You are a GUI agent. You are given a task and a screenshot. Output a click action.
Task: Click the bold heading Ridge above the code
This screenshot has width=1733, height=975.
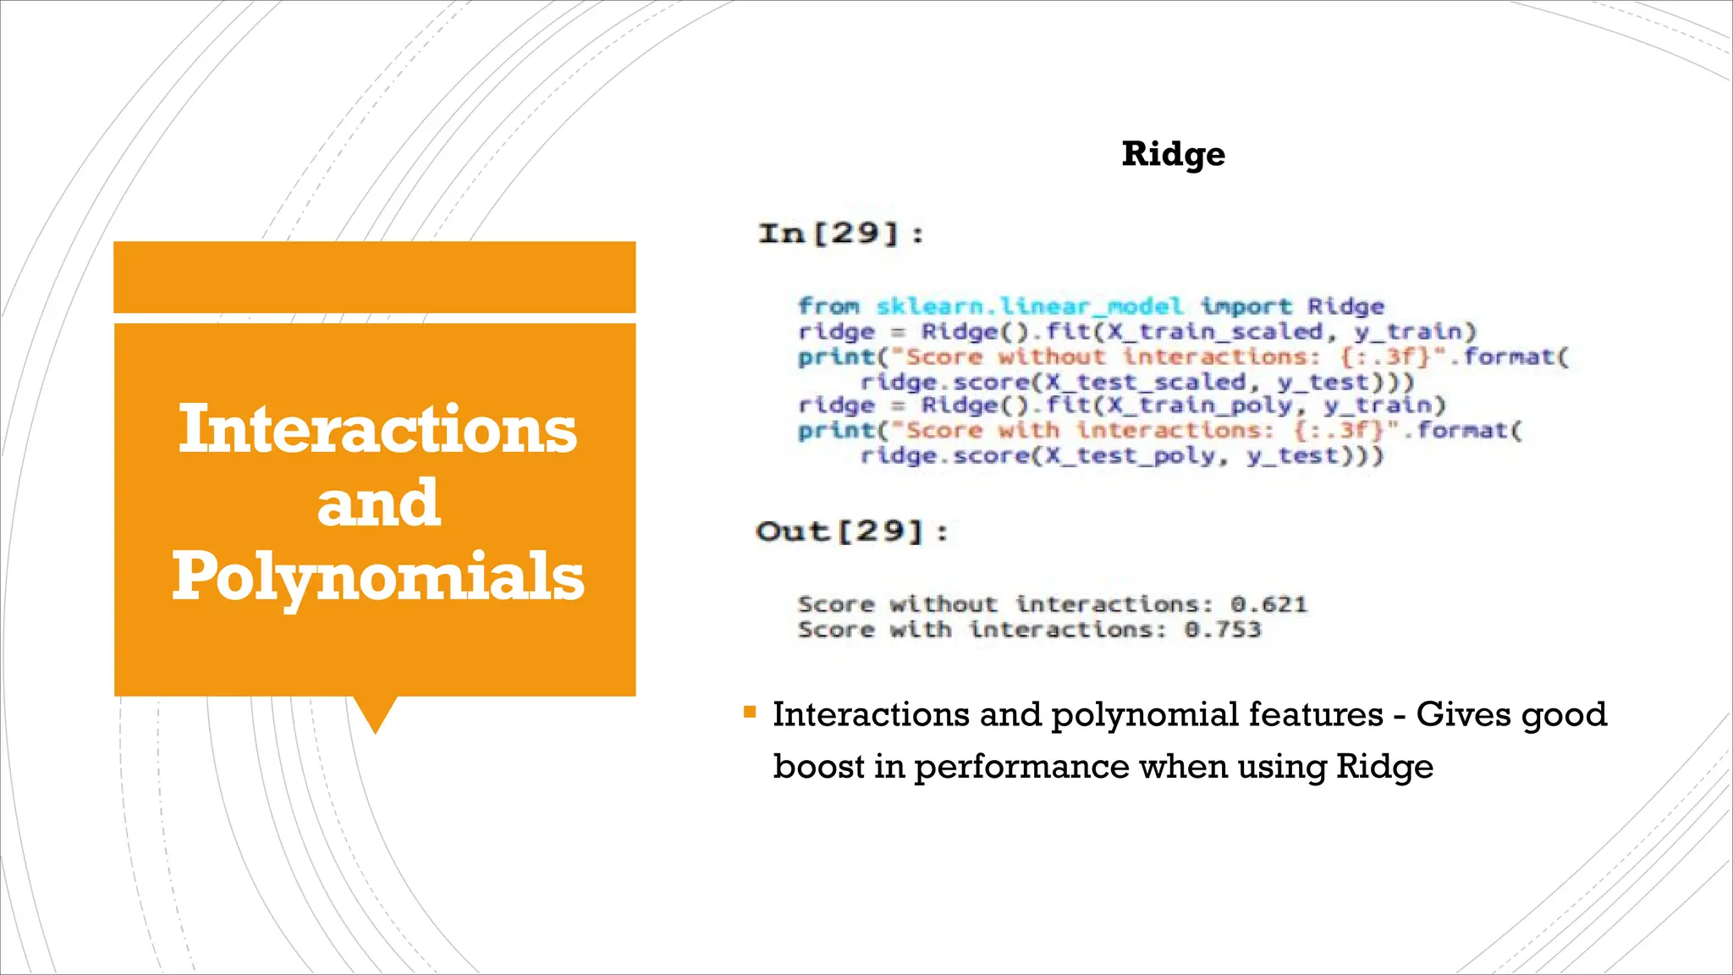tap(1173, 154)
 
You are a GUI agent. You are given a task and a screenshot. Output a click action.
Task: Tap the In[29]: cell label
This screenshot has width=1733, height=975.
tap(841, 233)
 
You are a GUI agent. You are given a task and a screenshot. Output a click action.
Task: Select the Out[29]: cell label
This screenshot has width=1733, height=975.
tap(852, 532)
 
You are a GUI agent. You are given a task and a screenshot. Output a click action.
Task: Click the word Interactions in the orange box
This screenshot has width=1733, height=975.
tap(377, 429)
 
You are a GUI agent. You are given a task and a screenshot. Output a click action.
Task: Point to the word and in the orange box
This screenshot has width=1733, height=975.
tap(378, 503)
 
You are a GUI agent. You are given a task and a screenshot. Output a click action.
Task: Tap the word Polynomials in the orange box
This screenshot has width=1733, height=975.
tap(378, 576)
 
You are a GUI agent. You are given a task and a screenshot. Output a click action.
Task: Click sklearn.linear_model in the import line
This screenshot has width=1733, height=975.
tap(1029, 306)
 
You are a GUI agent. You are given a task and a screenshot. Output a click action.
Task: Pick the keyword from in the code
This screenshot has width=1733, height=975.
tap(828, 306)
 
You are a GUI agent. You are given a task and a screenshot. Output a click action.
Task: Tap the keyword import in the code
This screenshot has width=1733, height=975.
tap(1246, 306)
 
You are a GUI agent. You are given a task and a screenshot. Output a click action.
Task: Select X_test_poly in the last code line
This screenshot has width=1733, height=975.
tap(1136, 456)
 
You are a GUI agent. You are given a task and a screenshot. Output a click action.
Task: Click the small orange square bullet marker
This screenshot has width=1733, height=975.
tap(749, 712)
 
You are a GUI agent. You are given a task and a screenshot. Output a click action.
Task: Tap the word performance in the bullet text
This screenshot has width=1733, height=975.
tap(1021, 767)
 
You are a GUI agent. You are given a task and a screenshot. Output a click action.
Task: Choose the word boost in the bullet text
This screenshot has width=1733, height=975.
tap(818, 767)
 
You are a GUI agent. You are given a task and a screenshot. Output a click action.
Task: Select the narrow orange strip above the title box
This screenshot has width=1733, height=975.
tap(374, 277)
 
